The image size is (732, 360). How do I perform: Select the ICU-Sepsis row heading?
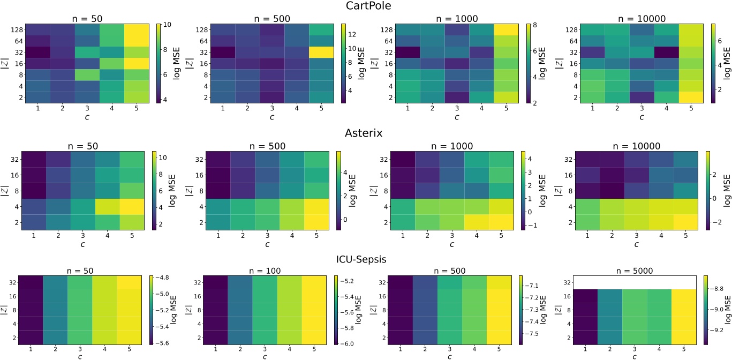click(x=366, y=258)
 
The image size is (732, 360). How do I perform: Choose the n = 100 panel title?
click(x=268, y=270)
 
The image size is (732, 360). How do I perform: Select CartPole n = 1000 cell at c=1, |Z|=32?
click(x=408, y=52)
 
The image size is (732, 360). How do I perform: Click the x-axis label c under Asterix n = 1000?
click(x=451, y=244)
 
